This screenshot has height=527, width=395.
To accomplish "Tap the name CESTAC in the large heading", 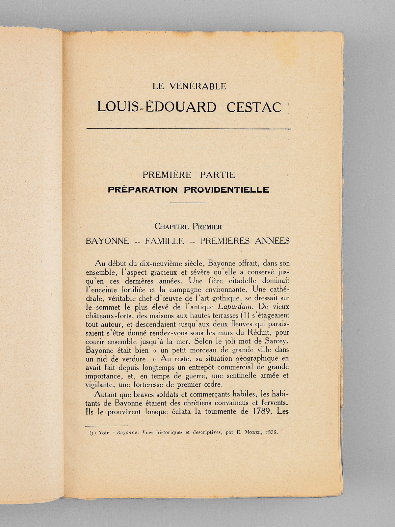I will tap(254, 107).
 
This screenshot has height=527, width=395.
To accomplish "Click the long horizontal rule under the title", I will tap(188, 128).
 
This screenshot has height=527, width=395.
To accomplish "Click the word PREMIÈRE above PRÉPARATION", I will tap(165, 175).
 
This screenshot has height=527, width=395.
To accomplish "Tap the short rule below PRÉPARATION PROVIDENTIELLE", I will tap(188, 203).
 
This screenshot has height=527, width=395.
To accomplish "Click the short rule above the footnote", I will tap(106, 426).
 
